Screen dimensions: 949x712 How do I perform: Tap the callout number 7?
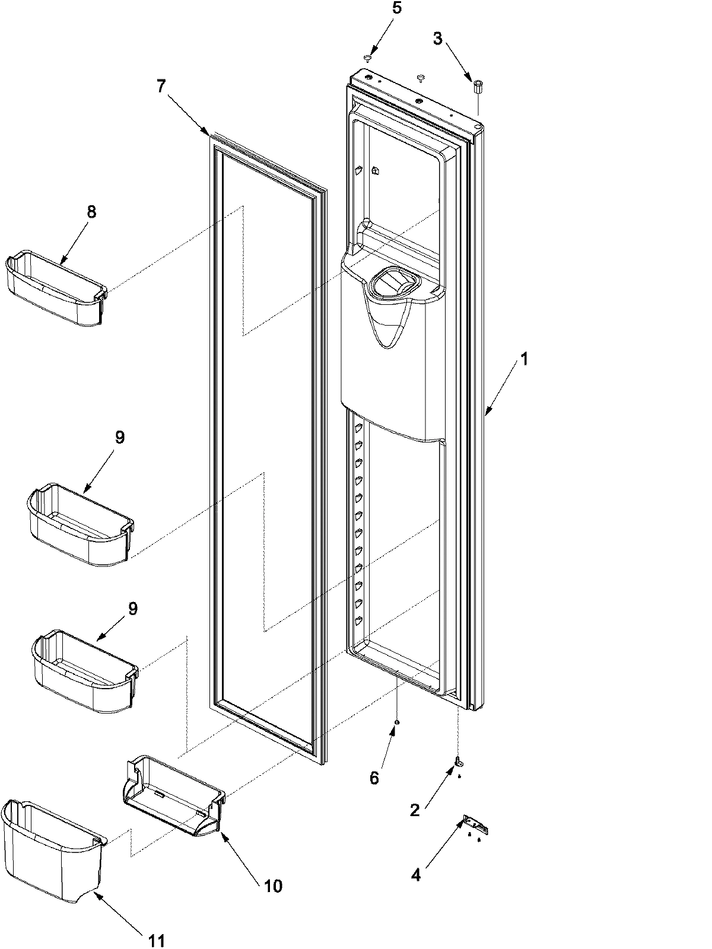161,86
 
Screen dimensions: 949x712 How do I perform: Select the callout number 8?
91,212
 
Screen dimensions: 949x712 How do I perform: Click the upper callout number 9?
120,438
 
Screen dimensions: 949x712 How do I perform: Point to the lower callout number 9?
133,608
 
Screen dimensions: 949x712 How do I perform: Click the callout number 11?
157,940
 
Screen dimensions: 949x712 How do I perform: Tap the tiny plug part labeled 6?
397,722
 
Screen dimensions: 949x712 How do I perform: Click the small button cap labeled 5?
367,58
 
